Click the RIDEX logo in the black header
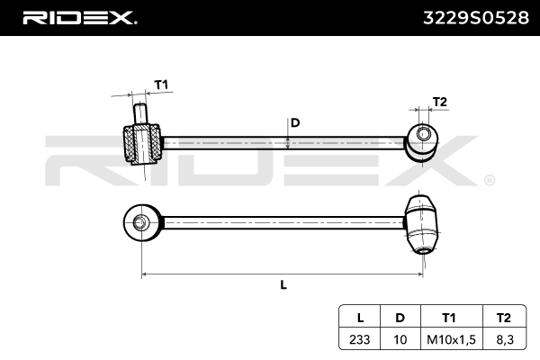pos(78,17)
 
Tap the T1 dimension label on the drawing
pos(161,85)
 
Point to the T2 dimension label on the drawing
pos(439,102)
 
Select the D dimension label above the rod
pos(294,122)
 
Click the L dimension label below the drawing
pos(283,284)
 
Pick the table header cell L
pos(360,317)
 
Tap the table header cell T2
pos(503,317)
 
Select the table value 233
pos(360,339)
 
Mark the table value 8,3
pos(503,339)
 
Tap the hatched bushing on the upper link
pos(140,144)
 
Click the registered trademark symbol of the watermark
pos(489,180)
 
